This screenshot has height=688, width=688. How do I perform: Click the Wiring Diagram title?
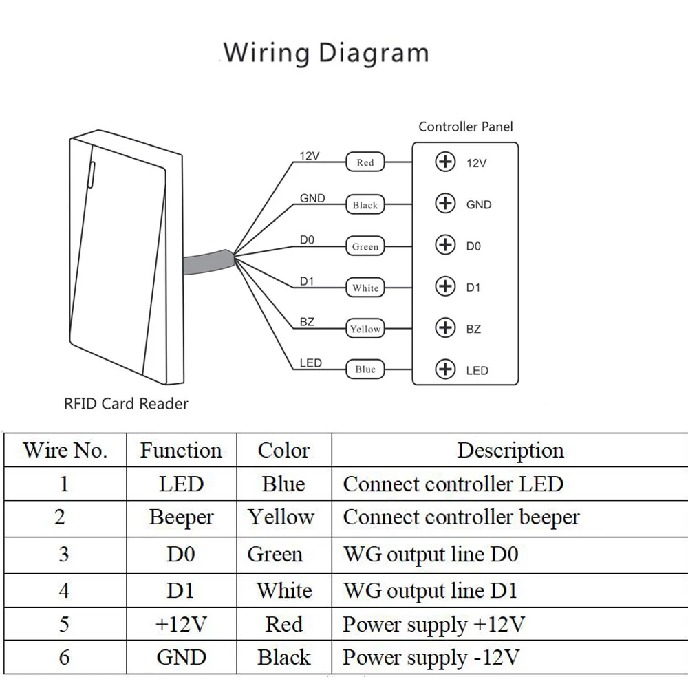coord(326,53)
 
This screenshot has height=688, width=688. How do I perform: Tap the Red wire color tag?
coord(365,162)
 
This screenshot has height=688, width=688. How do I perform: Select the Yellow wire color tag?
coord(365,329)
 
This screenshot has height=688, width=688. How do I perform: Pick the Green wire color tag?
coord(365,246)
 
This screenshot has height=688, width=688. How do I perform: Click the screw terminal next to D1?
coord(445,286)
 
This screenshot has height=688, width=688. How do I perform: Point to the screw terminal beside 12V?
coord(445,162)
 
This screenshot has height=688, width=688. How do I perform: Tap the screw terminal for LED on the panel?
coord(445,369)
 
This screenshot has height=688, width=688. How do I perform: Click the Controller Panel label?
coord(466,127)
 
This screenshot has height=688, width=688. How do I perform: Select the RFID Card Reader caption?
coord(126,404)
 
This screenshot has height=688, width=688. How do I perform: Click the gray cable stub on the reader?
coord(208,262)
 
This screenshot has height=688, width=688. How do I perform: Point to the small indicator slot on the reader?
coord(92,175)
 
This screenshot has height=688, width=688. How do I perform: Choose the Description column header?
coord(510,450)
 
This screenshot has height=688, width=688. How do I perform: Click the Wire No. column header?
coord(65,450)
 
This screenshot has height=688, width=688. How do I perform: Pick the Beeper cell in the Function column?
coord(181,518)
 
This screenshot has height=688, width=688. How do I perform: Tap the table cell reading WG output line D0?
coord(431,554)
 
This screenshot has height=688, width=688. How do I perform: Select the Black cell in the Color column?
coord(284,657)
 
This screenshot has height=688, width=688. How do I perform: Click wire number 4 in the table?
coord(64,590)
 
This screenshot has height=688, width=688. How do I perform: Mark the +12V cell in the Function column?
coord(181,624)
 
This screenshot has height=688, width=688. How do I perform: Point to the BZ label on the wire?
coord(307,321)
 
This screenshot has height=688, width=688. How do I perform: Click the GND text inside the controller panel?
coord(479,204)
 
